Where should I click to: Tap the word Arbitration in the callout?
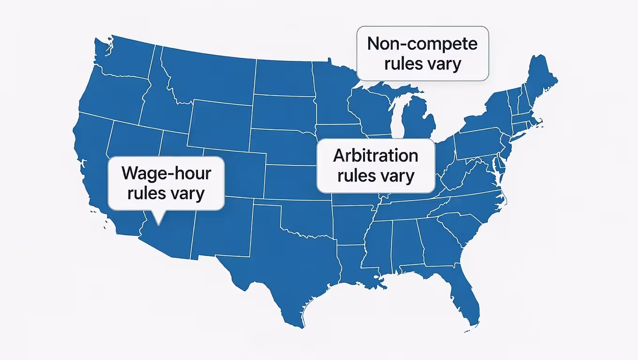375,156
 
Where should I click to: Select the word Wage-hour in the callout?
166,173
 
